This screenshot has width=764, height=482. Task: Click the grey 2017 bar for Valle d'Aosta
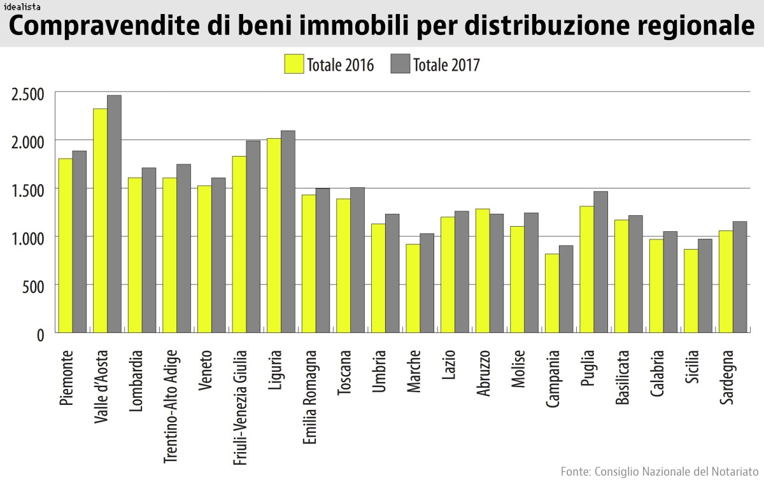[x=114, y=214]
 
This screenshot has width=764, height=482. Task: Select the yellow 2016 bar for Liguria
[x=274, y=236]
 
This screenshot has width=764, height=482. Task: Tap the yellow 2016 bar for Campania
[x=551, y=294]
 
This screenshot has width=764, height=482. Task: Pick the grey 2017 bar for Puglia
[x=600, y=262]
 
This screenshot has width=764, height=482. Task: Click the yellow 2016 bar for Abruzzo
[x=482, y=271]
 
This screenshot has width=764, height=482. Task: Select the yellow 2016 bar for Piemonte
[x=66, y=246]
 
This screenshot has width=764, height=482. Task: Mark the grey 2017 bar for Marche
[x=427, y=283]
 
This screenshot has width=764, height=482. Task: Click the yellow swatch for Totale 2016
[x=294, y=64]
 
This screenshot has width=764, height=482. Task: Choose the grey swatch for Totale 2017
[x=399, y=64]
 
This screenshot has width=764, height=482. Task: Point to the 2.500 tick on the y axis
[x=28, y=94]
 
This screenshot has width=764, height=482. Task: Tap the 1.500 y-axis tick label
[x=28, y=190]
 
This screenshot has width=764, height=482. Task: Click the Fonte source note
[x=660, y=472]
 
